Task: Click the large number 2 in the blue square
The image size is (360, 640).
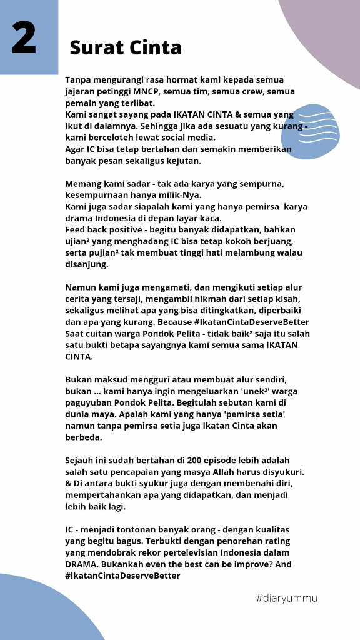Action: [x=24, y=38]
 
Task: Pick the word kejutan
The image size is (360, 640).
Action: [x=182, y=161]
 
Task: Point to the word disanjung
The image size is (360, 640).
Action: [x=87, y=264]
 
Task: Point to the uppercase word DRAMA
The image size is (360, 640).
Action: [x=81, y=564]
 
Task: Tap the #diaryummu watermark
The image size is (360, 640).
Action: [x=287, y=599]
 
